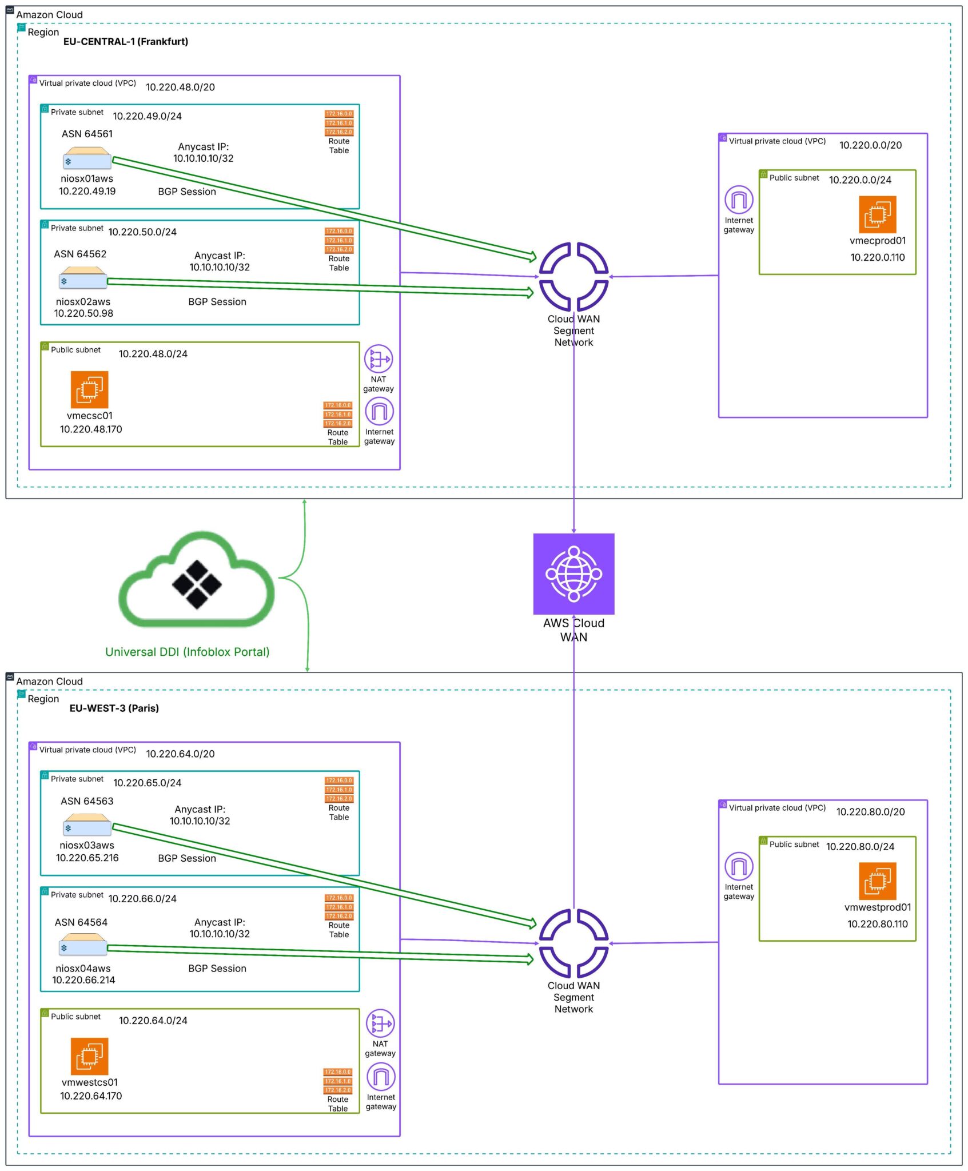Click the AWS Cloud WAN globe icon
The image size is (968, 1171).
click(573, 573)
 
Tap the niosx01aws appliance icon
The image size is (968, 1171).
click(87, 158)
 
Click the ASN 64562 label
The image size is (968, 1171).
click(80, 254)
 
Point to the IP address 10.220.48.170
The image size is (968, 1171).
click(91, 429)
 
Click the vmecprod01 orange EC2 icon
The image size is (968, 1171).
click(877, 214)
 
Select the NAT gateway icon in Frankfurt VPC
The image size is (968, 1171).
click(378, 359)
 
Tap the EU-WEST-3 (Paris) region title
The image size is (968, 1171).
click(114, 708)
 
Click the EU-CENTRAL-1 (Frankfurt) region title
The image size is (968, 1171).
click(125, 41)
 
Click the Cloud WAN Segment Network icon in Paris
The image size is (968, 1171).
click(573, 943)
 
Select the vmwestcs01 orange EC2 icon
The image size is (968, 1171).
click(89, 1056)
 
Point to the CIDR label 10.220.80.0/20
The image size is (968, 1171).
click(870, 812)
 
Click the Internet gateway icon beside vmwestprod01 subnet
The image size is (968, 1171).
click(739, 866)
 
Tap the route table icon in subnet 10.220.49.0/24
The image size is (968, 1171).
click(339, 123)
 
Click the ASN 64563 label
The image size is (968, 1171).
click(87, 801)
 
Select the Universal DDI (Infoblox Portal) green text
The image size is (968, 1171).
click(187, 652)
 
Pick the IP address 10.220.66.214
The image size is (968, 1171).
click(83, 980)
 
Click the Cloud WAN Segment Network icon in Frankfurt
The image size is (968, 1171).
click(573, 277)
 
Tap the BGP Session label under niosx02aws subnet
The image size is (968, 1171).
click(217, 302)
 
